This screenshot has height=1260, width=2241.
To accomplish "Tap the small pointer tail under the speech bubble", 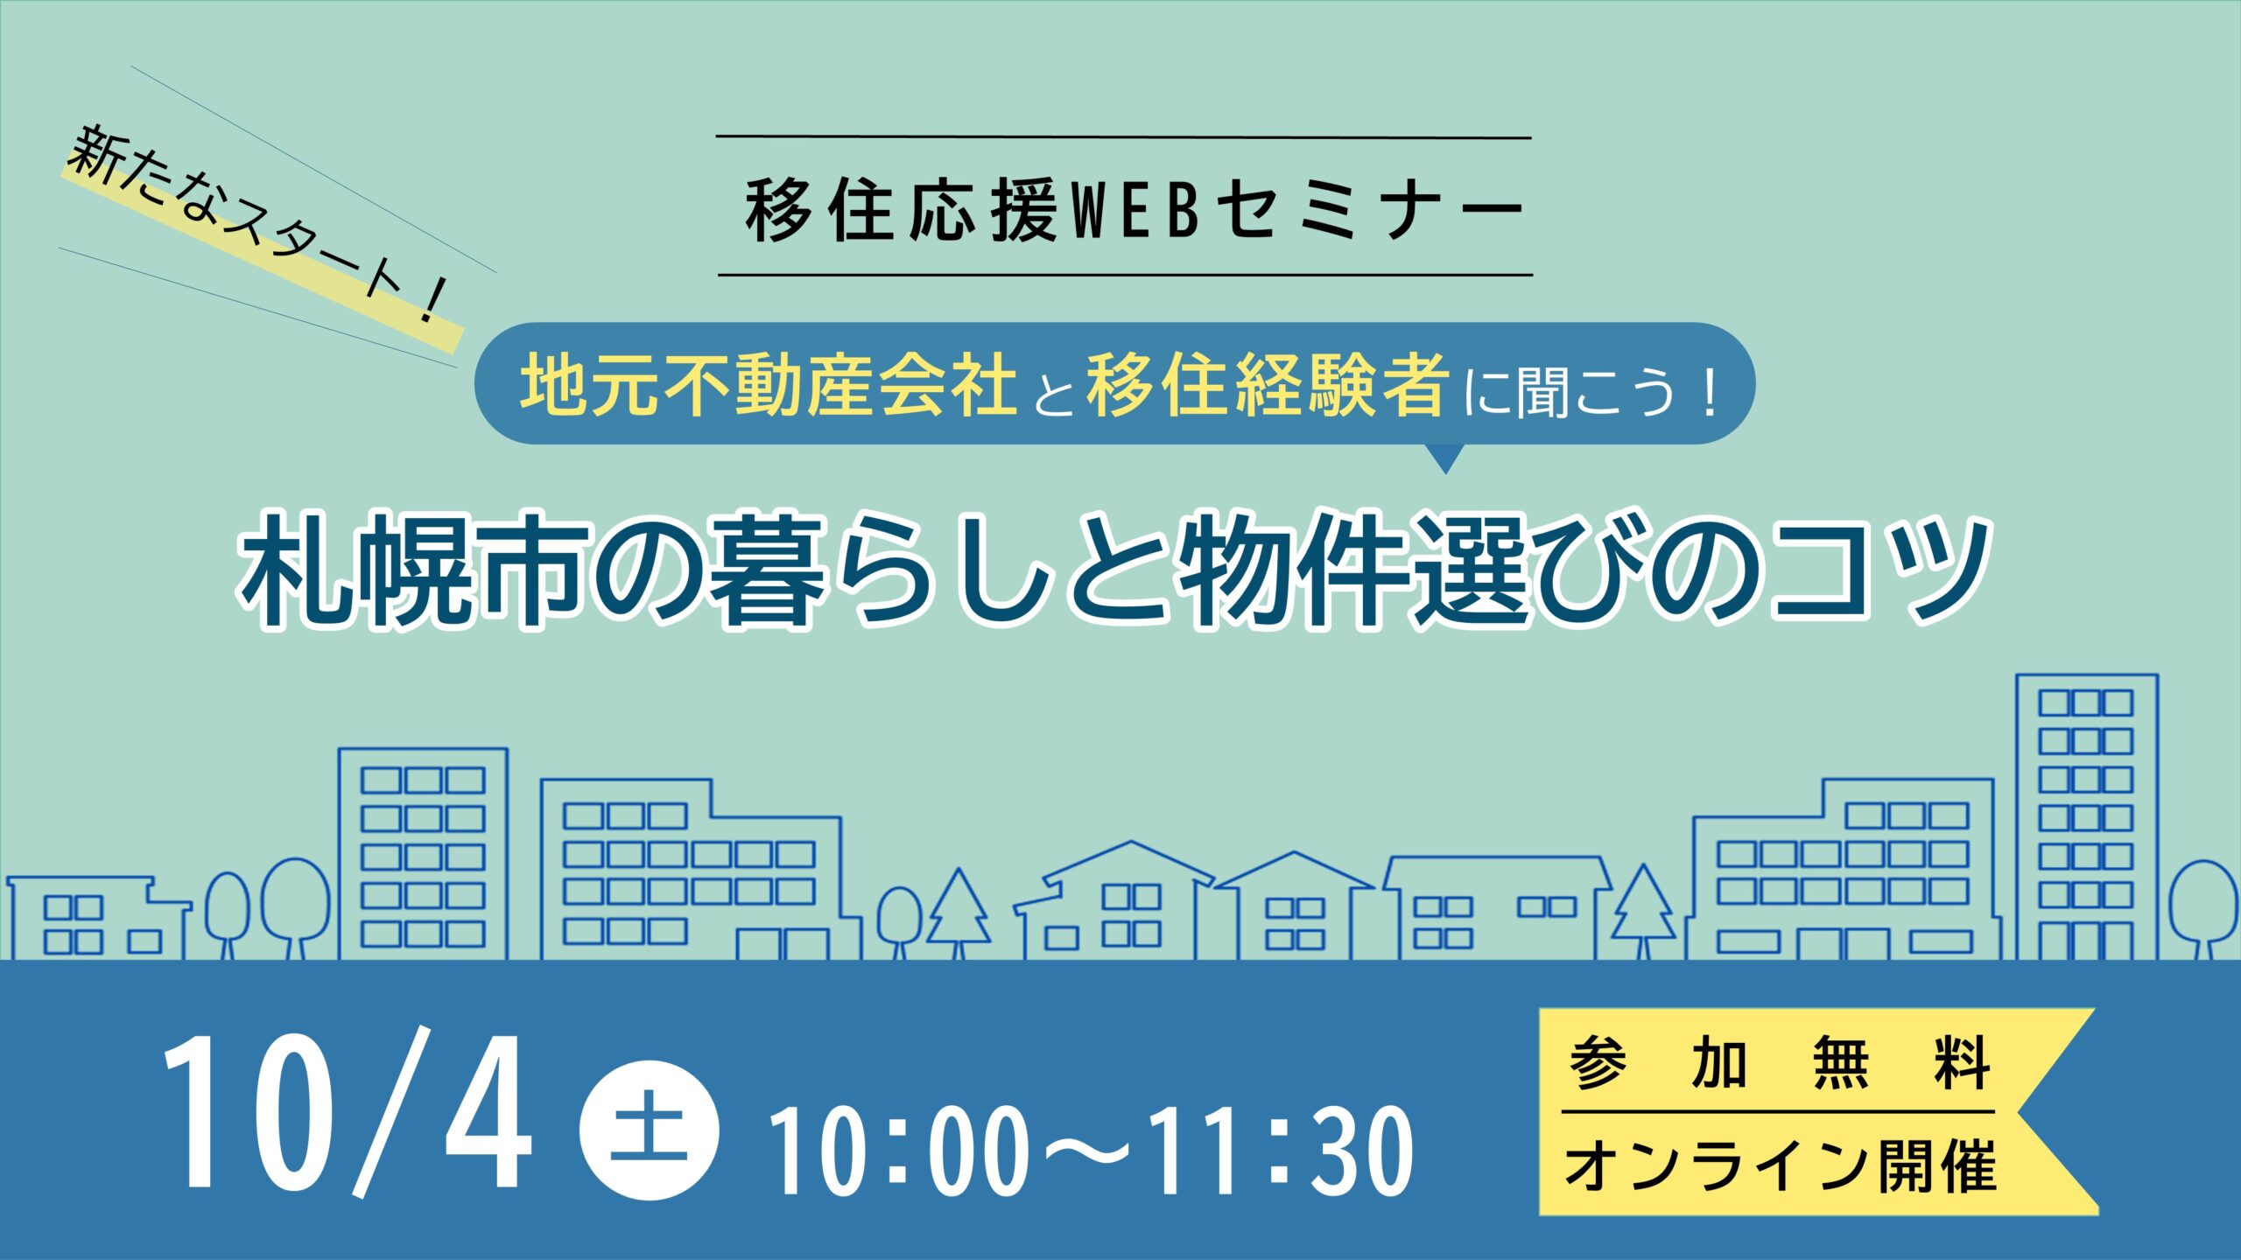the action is point(1445,458).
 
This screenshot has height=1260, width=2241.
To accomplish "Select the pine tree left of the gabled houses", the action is point(959,913).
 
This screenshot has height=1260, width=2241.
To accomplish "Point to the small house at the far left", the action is point(98,919).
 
